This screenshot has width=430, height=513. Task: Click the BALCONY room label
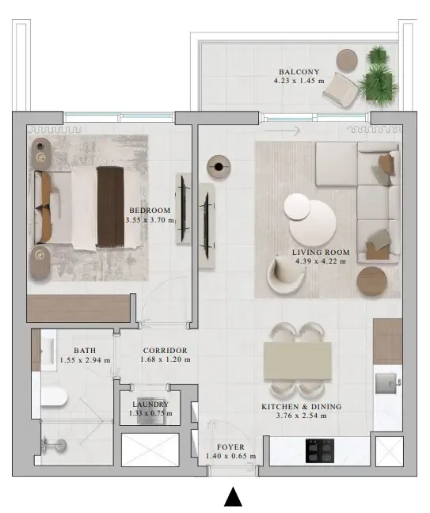click(299, 72)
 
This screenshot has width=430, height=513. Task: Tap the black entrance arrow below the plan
click(233, 496)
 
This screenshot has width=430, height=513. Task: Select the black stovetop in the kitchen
click(320, 450)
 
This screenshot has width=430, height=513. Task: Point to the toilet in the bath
click(54, 397)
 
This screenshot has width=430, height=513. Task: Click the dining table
click(298, 361)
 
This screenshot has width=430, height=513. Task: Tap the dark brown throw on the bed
click(110, 207)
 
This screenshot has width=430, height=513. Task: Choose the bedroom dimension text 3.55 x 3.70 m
click(150, 220)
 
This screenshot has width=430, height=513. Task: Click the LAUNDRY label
click(150, 405)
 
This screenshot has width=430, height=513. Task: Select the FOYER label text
click(230, 447)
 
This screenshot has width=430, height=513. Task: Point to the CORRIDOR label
click(165, 351)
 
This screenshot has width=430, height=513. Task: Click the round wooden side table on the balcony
click(347, 60)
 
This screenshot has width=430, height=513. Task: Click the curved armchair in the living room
click(285, 273)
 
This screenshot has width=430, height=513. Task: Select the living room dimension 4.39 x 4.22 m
click(321, 261)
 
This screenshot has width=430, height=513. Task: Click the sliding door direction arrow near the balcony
click(282, 131)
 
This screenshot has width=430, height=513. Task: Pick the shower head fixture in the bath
click(54, 445)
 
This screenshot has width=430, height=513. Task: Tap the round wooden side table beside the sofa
click(372, 282)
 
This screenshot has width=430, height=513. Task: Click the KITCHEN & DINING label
click(302, 407)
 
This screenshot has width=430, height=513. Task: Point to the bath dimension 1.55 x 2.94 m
click(85, 360)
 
